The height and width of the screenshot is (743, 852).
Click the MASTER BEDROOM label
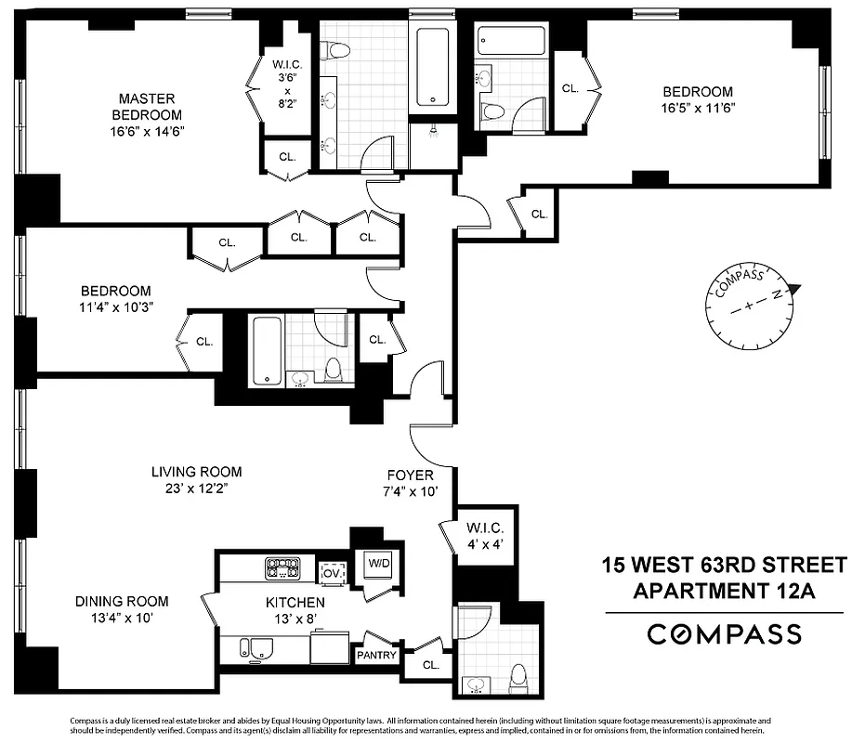click(x=146, y=106)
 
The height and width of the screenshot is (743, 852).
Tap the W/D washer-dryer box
click(x=378, y=563)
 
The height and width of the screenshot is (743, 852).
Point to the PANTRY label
click(x=376, y=656)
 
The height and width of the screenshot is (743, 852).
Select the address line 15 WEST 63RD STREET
click(x=724, y=565)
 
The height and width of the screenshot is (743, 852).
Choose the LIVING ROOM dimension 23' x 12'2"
click(x=196, y=489)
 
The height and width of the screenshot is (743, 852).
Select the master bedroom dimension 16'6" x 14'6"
click(x=146, y=131)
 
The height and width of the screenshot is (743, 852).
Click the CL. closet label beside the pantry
click(x=430, y=665)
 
